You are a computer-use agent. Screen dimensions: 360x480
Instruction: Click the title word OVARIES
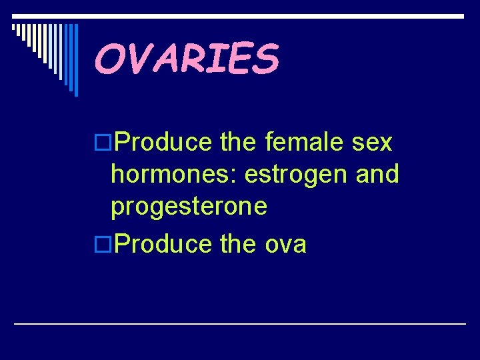[x=186, y=58]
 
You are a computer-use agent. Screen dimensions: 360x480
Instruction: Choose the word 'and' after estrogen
[x=377, y=175]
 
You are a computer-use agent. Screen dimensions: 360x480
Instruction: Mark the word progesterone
[x=189, y=207]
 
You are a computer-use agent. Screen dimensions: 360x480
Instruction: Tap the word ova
[x=286, y=245]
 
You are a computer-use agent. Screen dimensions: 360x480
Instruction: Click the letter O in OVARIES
[x=109, y=58]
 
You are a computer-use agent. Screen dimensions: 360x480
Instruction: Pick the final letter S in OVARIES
[x=265, y=58]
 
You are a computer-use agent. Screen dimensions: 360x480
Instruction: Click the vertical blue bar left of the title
[x=76, y=60]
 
